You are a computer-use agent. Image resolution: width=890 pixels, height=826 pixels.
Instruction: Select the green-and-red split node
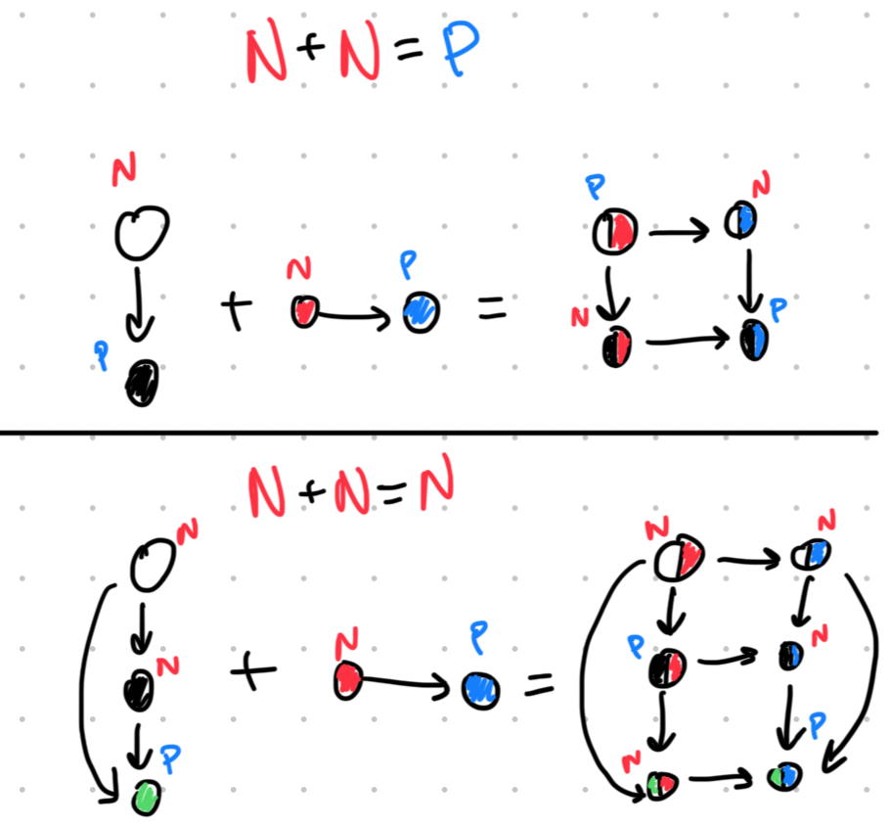pos(660,783)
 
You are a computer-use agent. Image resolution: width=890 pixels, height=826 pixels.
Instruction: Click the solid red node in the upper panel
pos(304,311)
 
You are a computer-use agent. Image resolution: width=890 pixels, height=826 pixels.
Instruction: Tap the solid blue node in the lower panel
pos(480,689)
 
